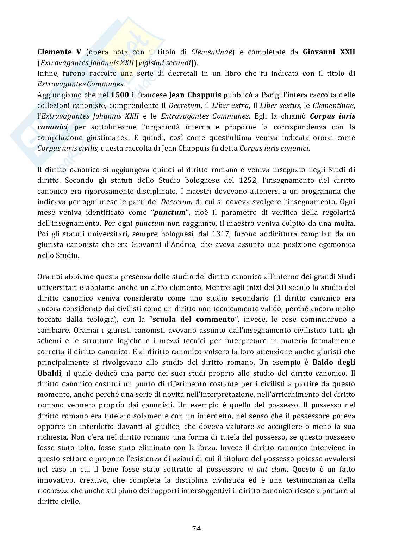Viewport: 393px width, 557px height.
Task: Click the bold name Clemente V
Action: click(60, 52)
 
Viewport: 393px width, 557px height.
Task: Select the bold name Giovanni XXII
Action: click(329, 52)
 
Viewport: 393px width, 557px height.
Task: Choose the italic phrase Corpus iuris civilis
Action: click(67, 148)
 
